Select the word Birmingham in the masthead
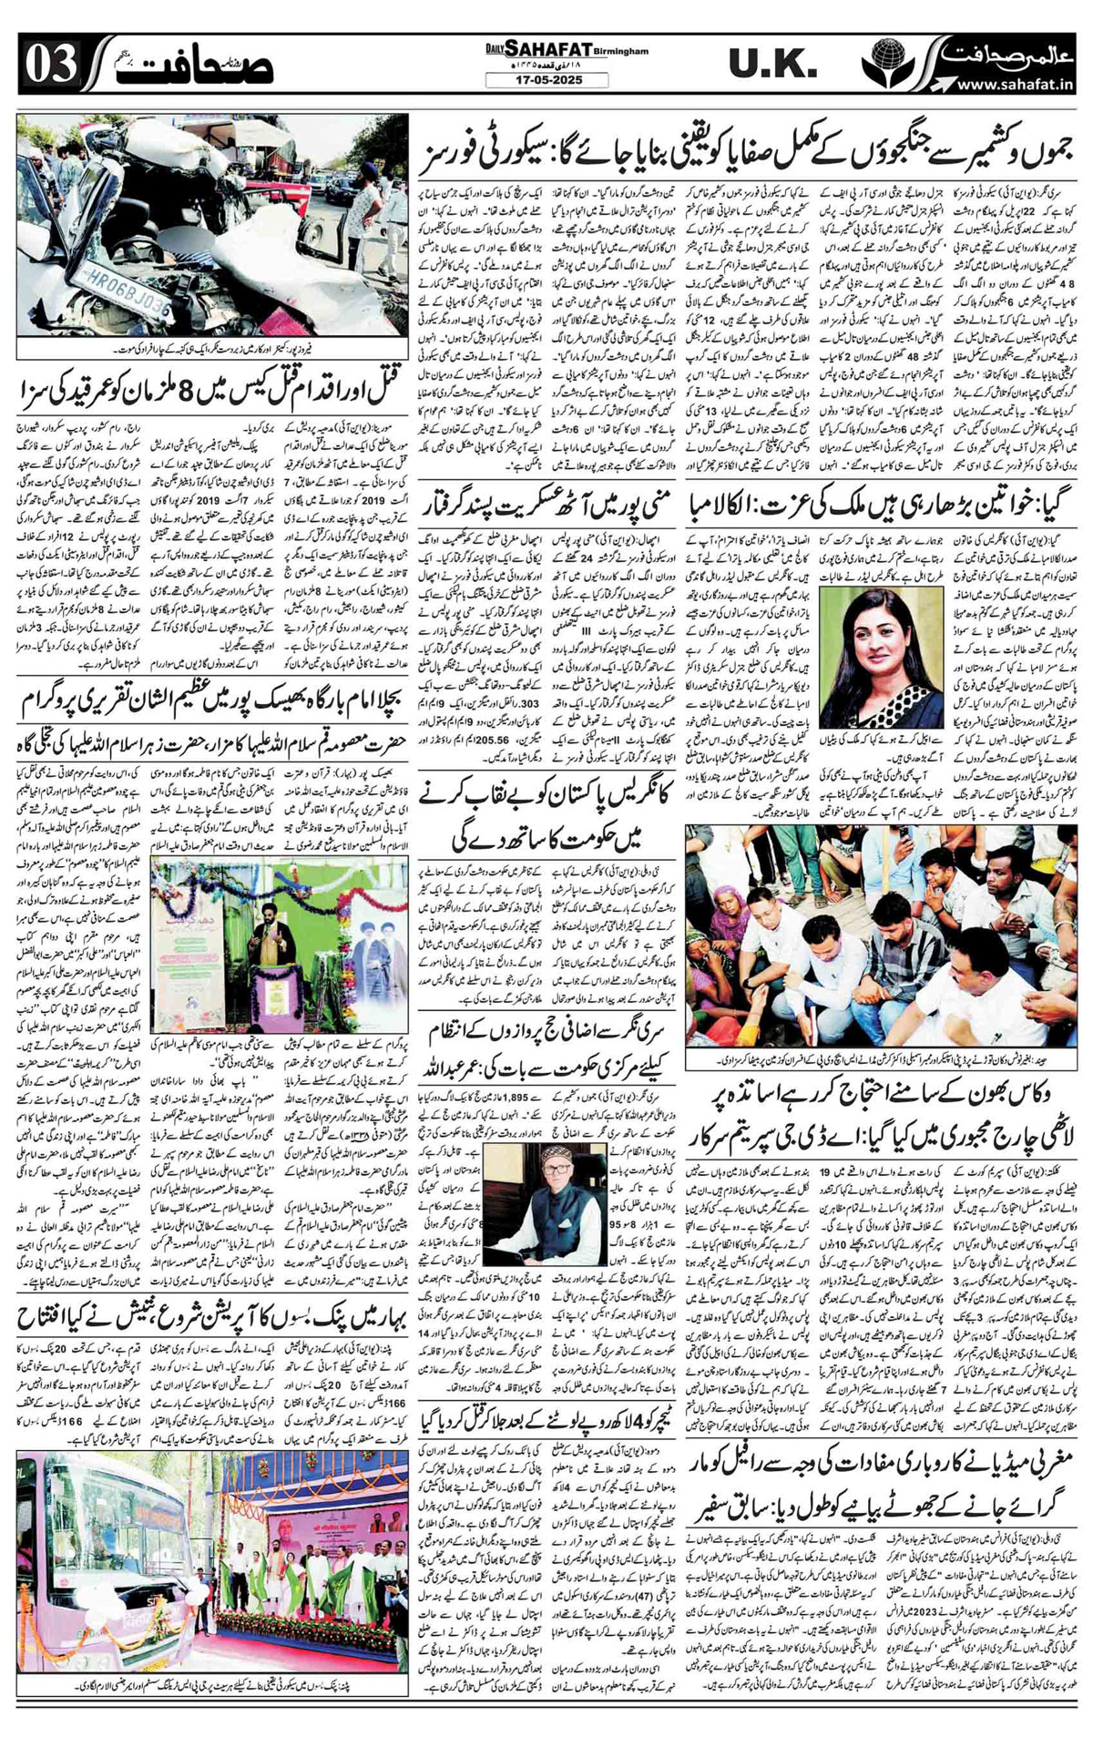point(622,52)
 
